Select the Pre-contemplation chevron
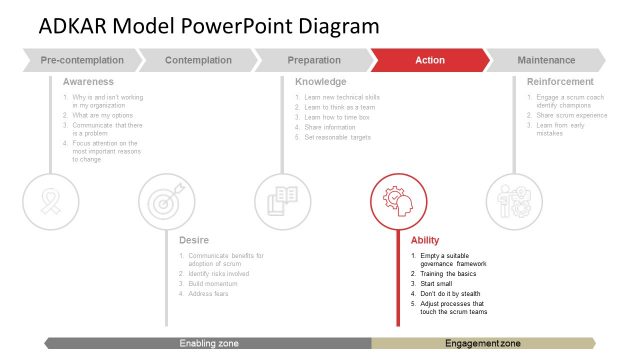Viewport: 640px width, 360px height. [82, 61]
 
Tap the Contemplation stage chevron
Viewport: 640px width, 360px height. [198, 61]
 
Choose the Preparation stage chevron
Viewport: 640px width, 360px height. [314, 61]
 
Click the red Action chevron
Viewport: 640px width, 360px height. [430, 61]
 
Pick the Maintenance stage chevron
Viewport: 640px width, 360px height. [546, 61]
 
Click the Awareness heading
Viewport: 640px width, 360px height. [88, 82]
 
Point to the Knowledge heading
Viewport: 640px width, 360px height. [321, 82]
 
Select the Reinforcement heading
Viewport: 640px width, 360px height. [560, 82]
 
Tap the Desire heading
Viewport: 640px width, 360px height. [193, 240]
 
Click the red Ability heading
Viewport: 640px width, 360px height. [425, 240]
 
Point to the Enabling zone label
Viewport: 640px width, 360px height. [209, 344]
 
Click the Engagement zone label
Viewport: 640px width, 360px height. [482, 344]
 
